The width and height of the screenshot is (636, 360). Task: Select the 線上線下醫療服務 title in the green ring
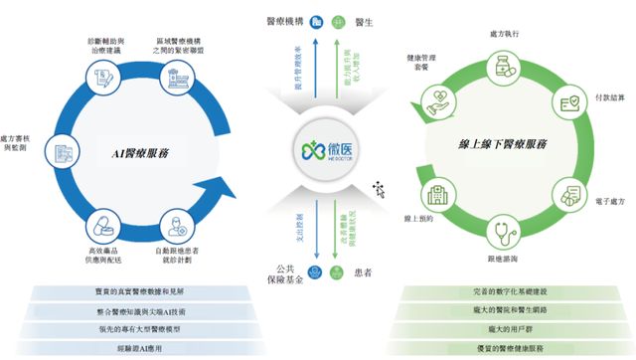pos(496,144)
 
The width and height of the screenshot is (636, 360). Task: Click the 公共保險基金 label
pos(286,275)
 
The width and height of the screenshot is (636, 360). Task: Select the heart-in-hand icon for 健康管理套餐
pos(437,97)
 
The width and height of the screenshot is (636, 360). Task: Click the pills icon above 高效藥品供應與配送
pos(103,223)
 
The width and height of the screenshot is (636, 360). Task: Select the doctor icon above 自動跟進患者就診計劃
pos(173,224)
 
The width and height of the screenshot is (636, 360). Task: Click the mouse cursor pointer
pos(379,186)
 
